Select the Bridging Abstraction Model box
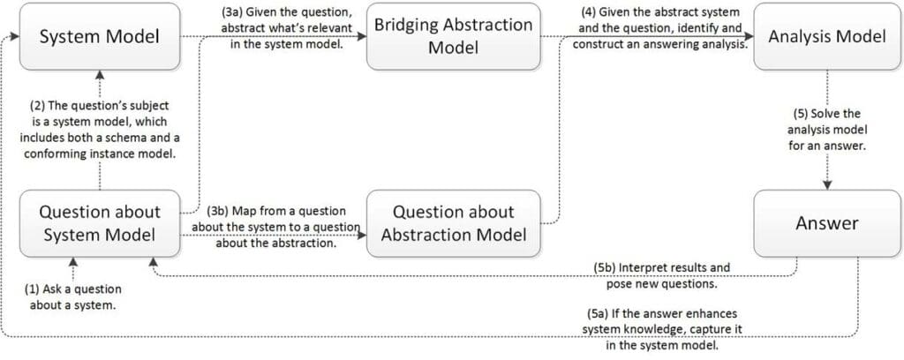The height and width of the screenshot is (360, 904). tap(453, 36)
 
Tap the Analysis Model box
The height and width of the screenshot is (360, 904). tap(827, 37)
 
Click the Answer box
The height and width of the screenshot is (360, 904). tap(827, 222)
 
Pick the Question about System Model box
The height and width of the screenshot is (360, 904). tap(101, 222)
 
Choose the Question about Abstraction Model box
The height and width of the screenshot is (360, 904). tap(453, 222)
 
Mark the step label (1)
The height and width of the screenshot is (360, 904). tap(34, 289)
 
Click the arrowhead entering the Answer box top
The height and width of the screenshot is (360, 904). tap(827, 184)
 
